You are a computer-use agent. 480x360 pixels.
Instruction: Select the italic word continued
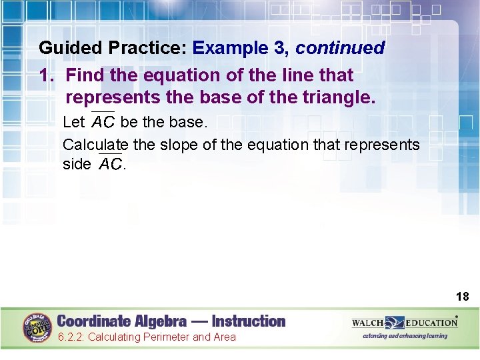coord(340,49)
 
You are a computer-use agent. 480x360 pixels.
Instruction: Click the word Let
coord(73,123)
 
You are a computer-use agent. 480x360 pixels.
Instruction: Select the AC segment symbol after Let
coord(103,122)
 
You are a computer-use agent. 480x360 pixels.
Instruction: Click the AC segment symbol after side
coord(111,163)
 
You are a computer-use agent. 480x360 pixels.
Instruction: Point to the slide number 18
coord(462,296)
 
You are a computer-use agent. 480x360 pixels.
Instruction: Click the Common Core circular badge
coord(38,327)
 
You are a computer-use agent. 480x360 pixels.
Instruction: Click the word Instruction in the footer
coord(249,321)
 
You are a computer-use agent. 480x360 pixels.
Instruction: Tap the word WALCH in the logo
coord(368,323)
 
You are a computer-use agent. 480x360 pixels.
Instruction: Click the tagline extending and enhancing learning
coord(405,336)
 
